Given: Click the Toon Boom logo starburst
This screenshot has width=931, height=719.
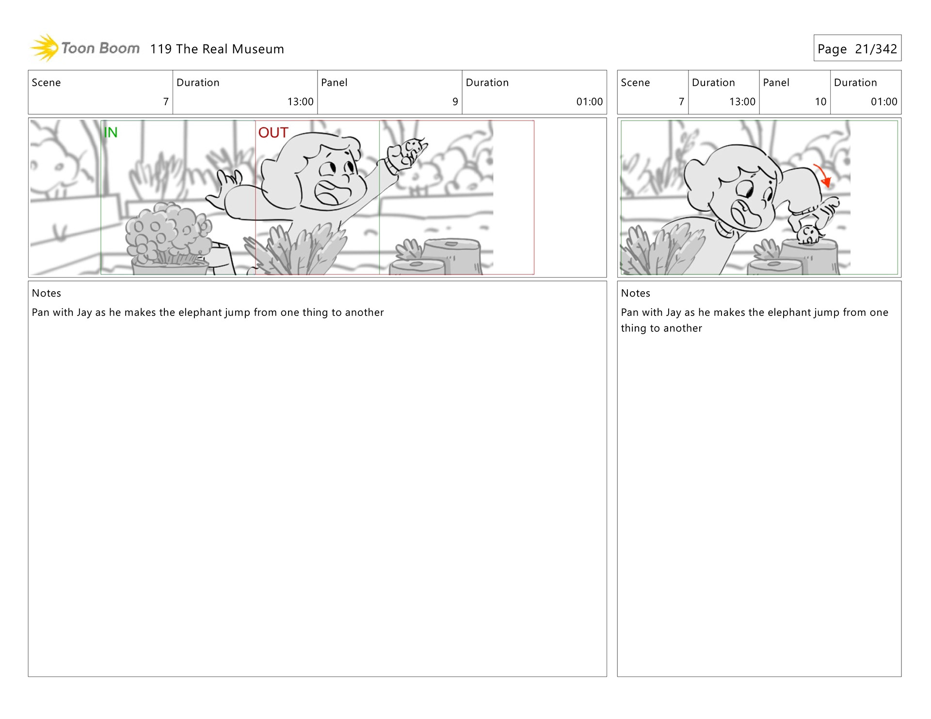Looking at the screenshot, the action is tap(45, 48).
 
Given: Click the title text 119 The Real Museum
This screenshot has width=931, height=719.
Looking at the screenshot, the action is tap(217, 49).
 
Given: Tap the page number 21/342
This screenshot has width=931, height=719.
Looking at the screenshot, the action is tap(876, 49).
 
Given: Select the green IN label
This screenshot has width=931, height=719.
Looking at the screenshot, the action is tap(111, 132).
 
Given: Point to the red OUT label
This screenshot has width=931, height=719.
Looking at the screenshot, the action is tap(273, 132).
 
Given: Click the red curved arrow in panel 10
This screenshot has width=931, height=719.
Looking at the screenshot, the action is tap(823, 174).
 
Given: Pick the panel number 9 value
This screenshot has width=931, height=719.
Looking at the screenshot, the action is tap(455, 102).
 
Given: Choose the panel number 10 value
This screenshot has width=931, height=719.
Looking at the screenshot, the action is tap(820, 102).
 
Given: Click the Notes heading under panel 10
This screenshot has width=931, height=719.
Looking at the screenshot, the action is tap(635, 293).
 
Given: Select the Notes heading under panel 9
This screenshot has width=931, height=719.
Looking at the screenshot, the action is tap(46, 293).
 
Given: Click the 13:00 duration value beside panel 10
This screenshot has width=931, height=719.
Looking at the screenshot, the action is tap(742, 102).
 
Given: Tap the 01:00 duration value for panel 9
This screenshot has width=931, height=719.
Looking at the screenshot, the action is tap(589, 102).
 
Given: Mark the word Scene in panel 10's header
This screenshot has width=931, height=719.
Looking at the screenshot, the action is tap(635, 82).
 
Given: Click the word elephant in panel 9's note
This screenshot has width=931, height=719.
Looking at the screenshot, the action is tap(200, 313).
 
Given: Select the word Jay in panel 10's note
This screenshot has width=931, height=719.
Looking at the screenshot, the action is tap(674, 313).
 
